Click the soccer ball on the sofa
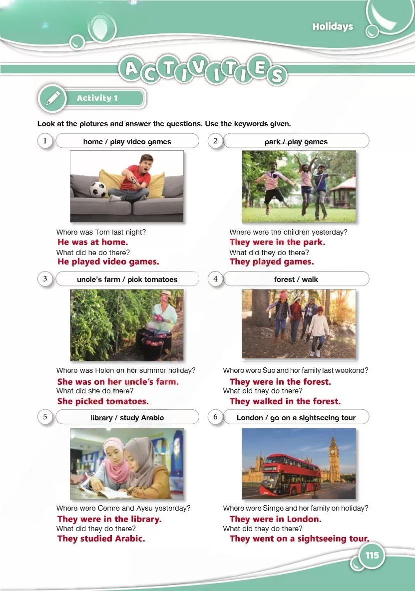[x=97, y=190]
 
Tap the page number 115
[x=372, y=555]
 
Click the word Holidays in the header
[x=333, y=26]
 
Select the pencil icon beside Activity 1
[x=53, y=98]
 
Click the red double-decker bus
[x=290, y=475]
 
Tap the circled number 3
[x=45, y=279]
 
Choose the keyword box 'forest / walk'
[x=296, y=279]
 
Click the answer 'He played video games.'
[x=108, y=262]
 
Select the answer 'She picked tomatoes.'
[x=103, y=401]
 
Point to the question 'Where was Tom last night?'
[x=101, y=232]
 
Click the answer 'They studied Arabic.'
[x=101, y=539]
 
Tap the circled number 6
[x=215, y=417]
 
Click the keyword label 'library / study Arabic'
[x=127, y=418]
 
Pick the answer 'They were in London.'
[x=276, y=519]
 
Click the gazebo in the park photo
[x=342, y=192]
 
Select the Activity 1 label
[x=97, y=98]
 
